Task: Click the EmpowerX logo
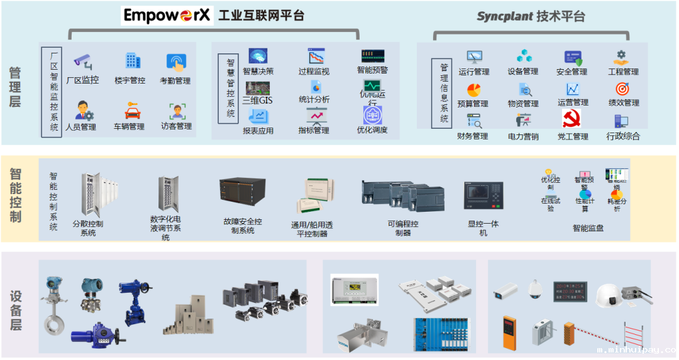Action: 167,15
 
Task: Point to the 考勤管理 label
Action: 175,80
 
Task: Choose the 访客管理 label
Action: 176,126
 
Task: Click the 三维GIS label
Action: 258,100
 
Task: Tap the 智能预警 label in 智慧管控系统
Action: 373,70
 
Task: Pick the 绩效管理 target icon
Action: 622,89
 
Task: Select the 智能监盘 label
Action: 588,228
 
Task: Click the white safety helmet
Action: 607,293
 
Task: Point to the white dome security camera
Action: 534,288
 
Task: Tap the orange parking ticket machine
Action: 509,331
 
